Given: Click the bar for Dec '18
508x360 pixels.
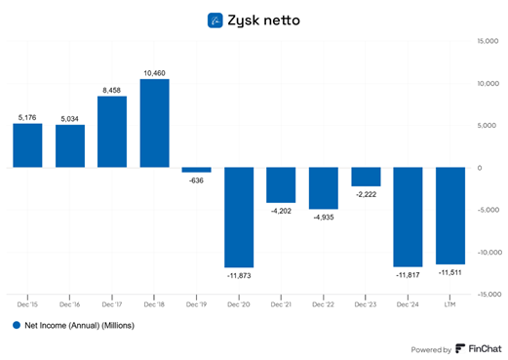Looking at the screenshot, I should pyautogui.click(x=154, y=123).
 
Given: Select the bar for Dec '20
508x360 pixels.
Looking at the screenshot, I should pyautogui.click(x=239, y=217).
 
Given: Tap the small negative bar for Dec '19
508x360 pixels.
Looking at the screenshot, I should pyautogui.click(x=196, y=170).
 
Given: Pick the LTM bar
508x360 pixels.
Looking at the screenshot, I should pyautogui.click(x=449, y=215).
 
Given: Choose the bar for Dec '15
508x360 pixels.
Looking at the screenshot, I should pyautogui.click(x=27, y=145).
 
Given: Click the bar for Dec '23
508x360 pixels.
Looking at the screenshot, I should pyautogui.click(x=366, y=177).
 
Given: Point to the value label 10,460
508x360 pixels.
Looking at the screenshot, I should pyautogui.click(x=154, y=72).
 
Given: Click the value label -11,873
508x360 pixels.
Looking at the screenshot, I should pyautogui.click(x=239, y=276).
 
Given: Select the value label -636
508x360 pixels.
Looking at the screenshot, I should pyautogui.click(x=196, y=180).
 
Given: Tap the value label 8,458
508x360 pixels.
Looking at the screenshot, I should pyautogui.click(x=112, y=89).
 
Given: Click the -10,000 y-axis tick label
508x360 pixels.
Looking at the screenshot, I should pyautogui.click(x=488, y=251).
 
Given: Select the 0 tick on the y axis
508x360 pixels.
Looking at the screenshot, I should pyautogui.click(x=494, y=167).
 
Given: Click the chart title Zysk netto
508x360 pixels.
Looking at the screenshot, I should pyautogui.click(x=264, y=19).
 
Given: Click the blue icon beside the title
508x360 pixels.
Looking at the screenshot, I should pyautogui.click(x=216, y=19).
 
